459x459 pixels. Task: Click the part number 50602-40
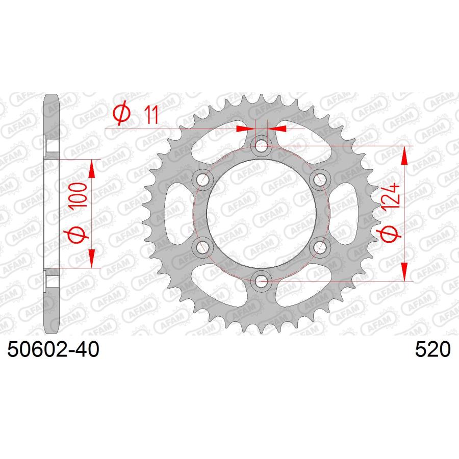point(53,349)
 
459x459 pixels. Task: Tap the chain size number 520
point(432,349)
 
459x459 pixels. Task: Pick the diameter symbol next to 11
point(121,113)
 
